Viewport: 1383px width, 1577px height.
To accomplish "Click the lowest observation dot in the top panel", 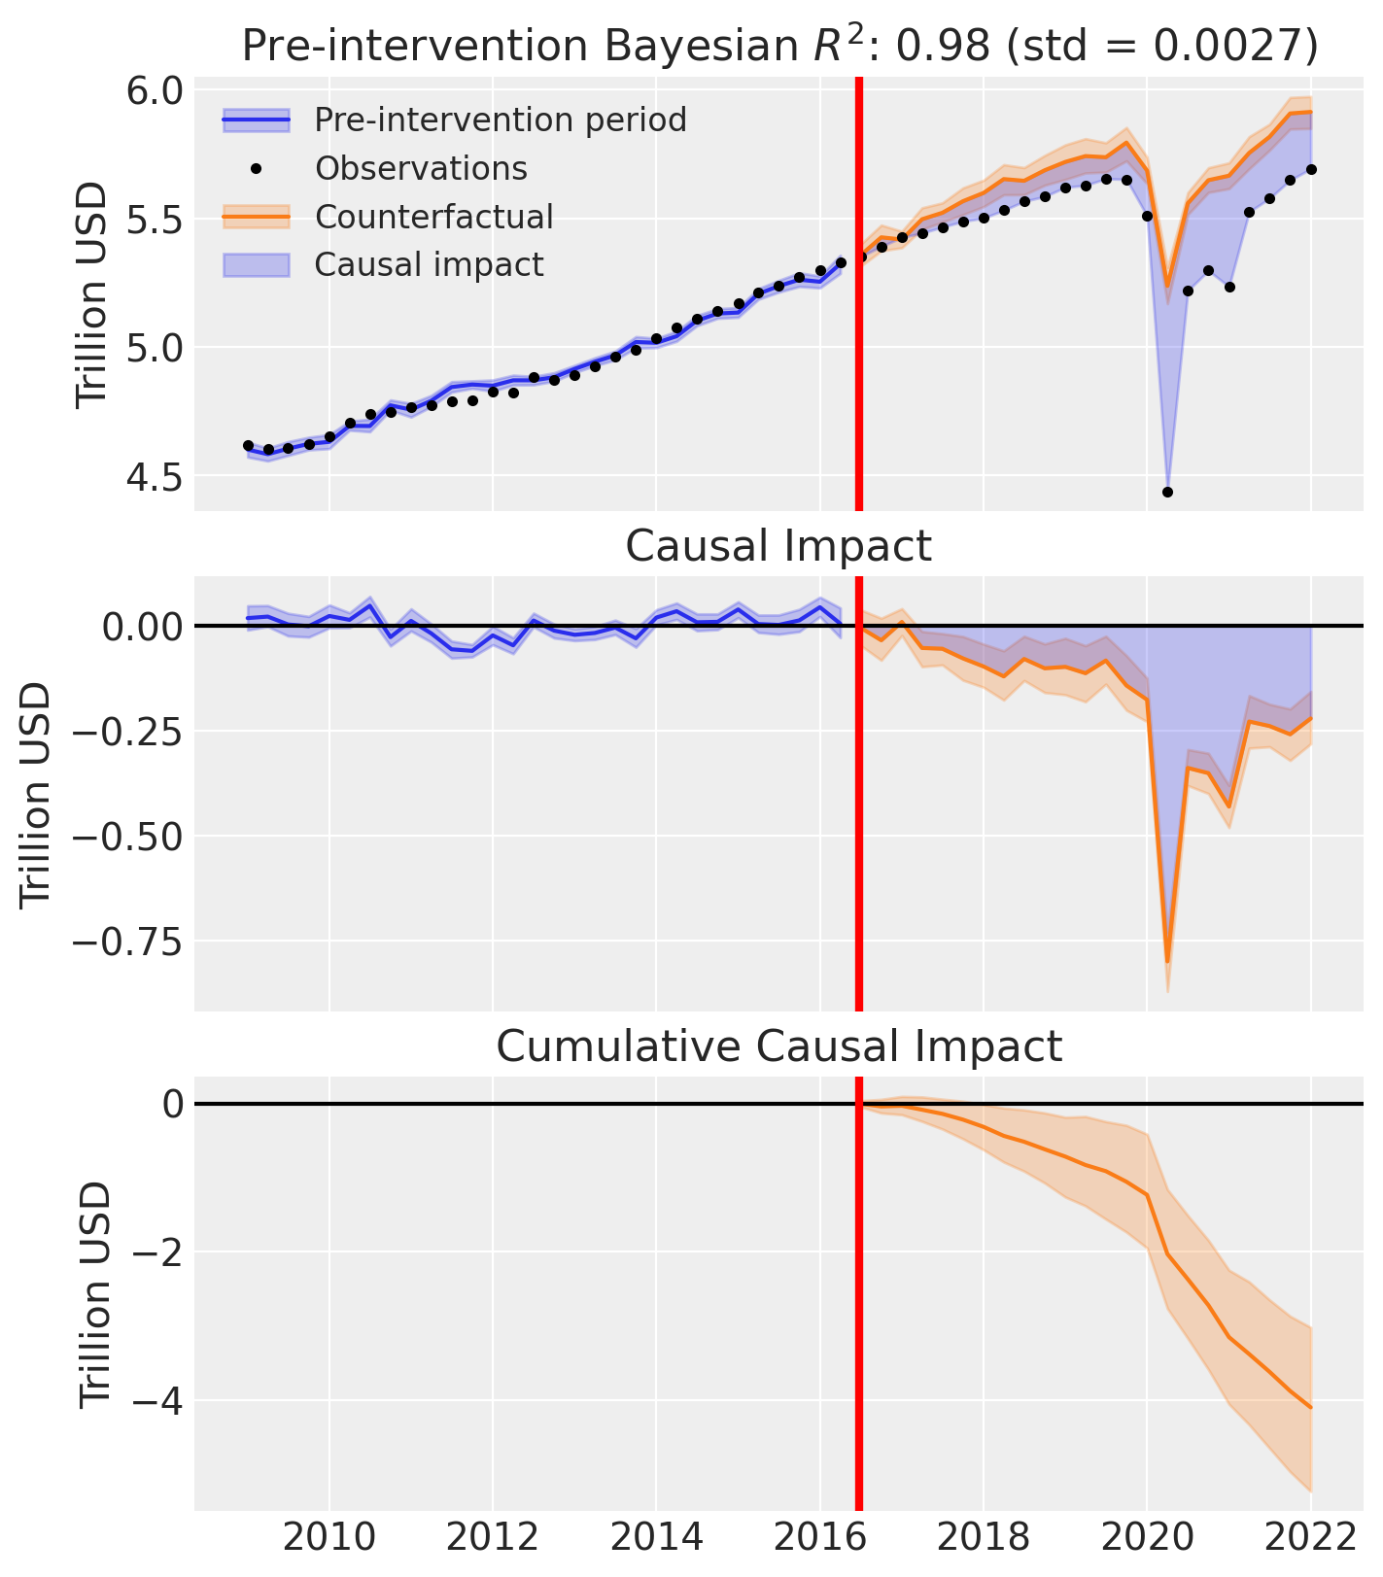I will coord(1167,493).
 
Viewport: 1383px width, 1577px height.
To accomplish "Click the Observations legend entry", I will coord(420,168).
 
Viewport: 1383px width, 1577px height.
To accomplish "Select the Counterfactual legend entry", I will coord(433,217).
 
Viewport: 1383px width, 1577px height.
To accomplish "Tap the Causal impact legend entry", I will coord(429,264).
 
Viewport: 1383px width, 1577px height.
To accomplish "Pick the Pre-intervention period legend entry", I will coord(500,120).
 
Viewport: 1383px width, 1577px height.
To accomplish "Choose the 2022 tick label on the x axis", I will coord(1310,1537).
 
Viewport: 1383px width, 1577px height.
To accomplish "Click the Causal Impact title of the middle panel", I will coord(778,546).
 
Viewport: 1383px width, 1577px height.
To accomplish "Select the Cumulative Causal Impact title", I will coord(778,1046).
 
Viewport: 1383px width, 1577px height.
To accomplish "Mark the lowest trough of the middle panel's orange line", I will coord(1167,962).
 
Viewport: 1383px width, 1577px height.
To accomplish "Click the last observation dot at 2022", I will coord(1311,169).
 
